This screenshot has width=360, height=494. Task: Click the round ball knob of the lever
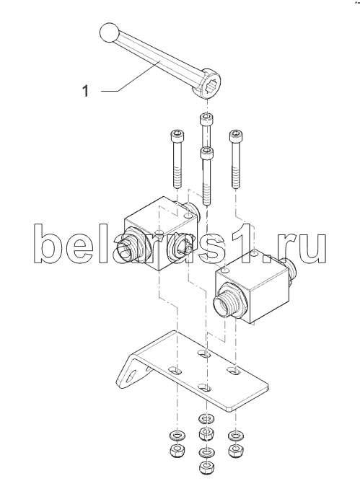[x=109, y=32]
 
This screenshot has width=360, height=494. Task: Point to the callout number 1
[x=85, y=91]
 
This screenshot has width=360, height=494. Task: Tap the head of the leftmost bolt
[x=177, y=136]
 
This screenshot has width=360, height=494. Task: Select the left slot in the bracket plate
[x=176, y=370]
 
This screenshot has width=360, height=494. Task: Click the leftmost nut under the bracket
[x=177, y=451]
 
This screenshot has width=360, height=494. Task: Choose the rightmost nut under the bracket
[x=235, y=450]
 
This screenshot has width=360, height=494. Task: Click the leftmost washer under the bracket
[x=177, y=436]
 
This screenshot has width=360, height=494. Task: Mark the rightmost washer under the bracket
[x=235, y=436]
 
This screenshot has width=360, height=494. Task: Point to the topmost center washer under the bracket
[x=206, y=419]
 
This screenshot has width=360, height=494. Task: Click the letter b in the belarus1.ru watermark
[x=48, y=243]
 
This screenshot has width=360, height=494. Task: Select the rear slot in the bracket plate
[x=205, y=353]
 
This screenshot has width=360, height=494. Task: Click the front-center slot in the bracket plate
[x=205, y=387]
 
